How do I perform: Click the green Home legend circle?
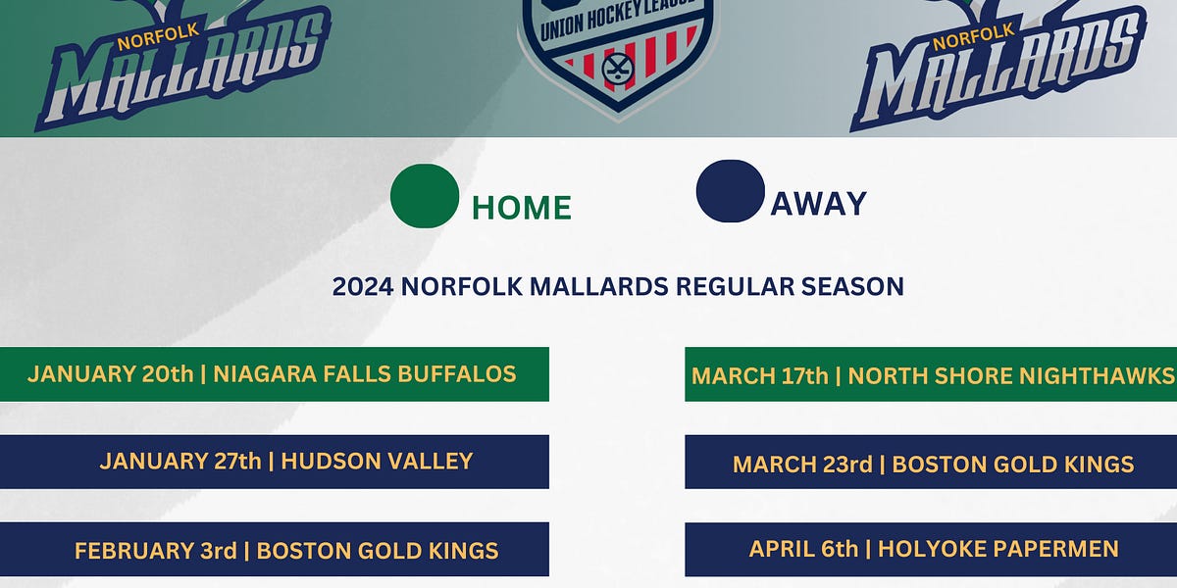pyautogui.click(x=424, y=195)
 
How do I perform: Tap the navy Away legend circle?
pyautogui.click(x=730, y=191)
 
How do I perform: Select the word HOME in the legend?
pyautogui.click(x=521, y=208)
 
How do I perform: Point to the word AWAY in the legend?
pyautogui.click(x=818, y=203)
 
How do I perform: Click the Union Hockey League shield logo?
pyautogui.click(x=616, y=54)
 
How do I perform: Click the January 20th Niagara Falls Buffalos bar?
pyautogui.click(x=274, y=373)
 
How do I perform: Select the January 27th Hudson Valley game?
pyautogui.click(x=274, y=461)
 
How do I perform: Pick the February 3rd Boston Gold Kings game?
pyautogui.click(x=274, y=550)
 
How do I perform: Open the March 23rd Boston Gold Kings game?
pyautogui.click(x=931, y=463)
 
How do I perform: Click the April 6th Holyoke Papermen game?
pyautogui.click(x=931, y=550)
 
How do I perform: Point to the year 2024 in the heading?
pyautogui.click(x=363, y=287)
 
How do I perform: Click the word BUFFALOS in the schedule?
pyautogui.click(x=455, y=373)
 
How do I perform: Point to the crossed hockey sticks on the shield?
pyautogui.click(x=617, y=70)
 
